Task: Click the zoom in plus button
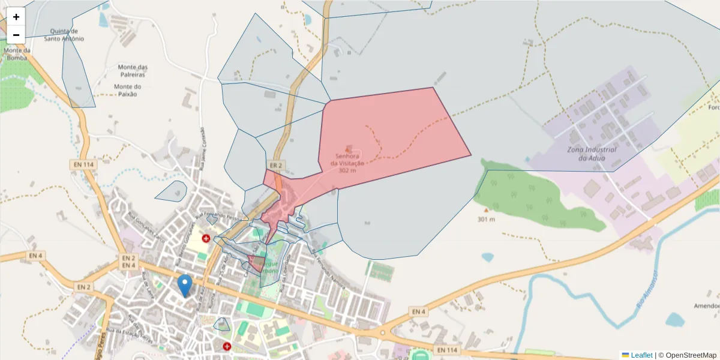click(16, 17)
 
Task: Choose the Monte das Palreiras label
click(133, 71)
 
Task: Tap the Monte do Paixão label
click(127, 90)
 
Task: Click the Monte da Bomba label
click(16, 54)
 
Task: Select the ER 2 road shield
click(275, 165)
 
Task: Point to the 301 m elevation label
click(486, 219)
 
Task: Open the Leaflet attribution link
click(641, 355)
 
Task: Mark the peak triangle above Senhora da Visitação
click(349, 148)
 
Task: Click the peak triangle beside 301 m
click(486, 211)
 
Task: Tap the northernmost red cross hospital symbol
click(206, 238)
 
